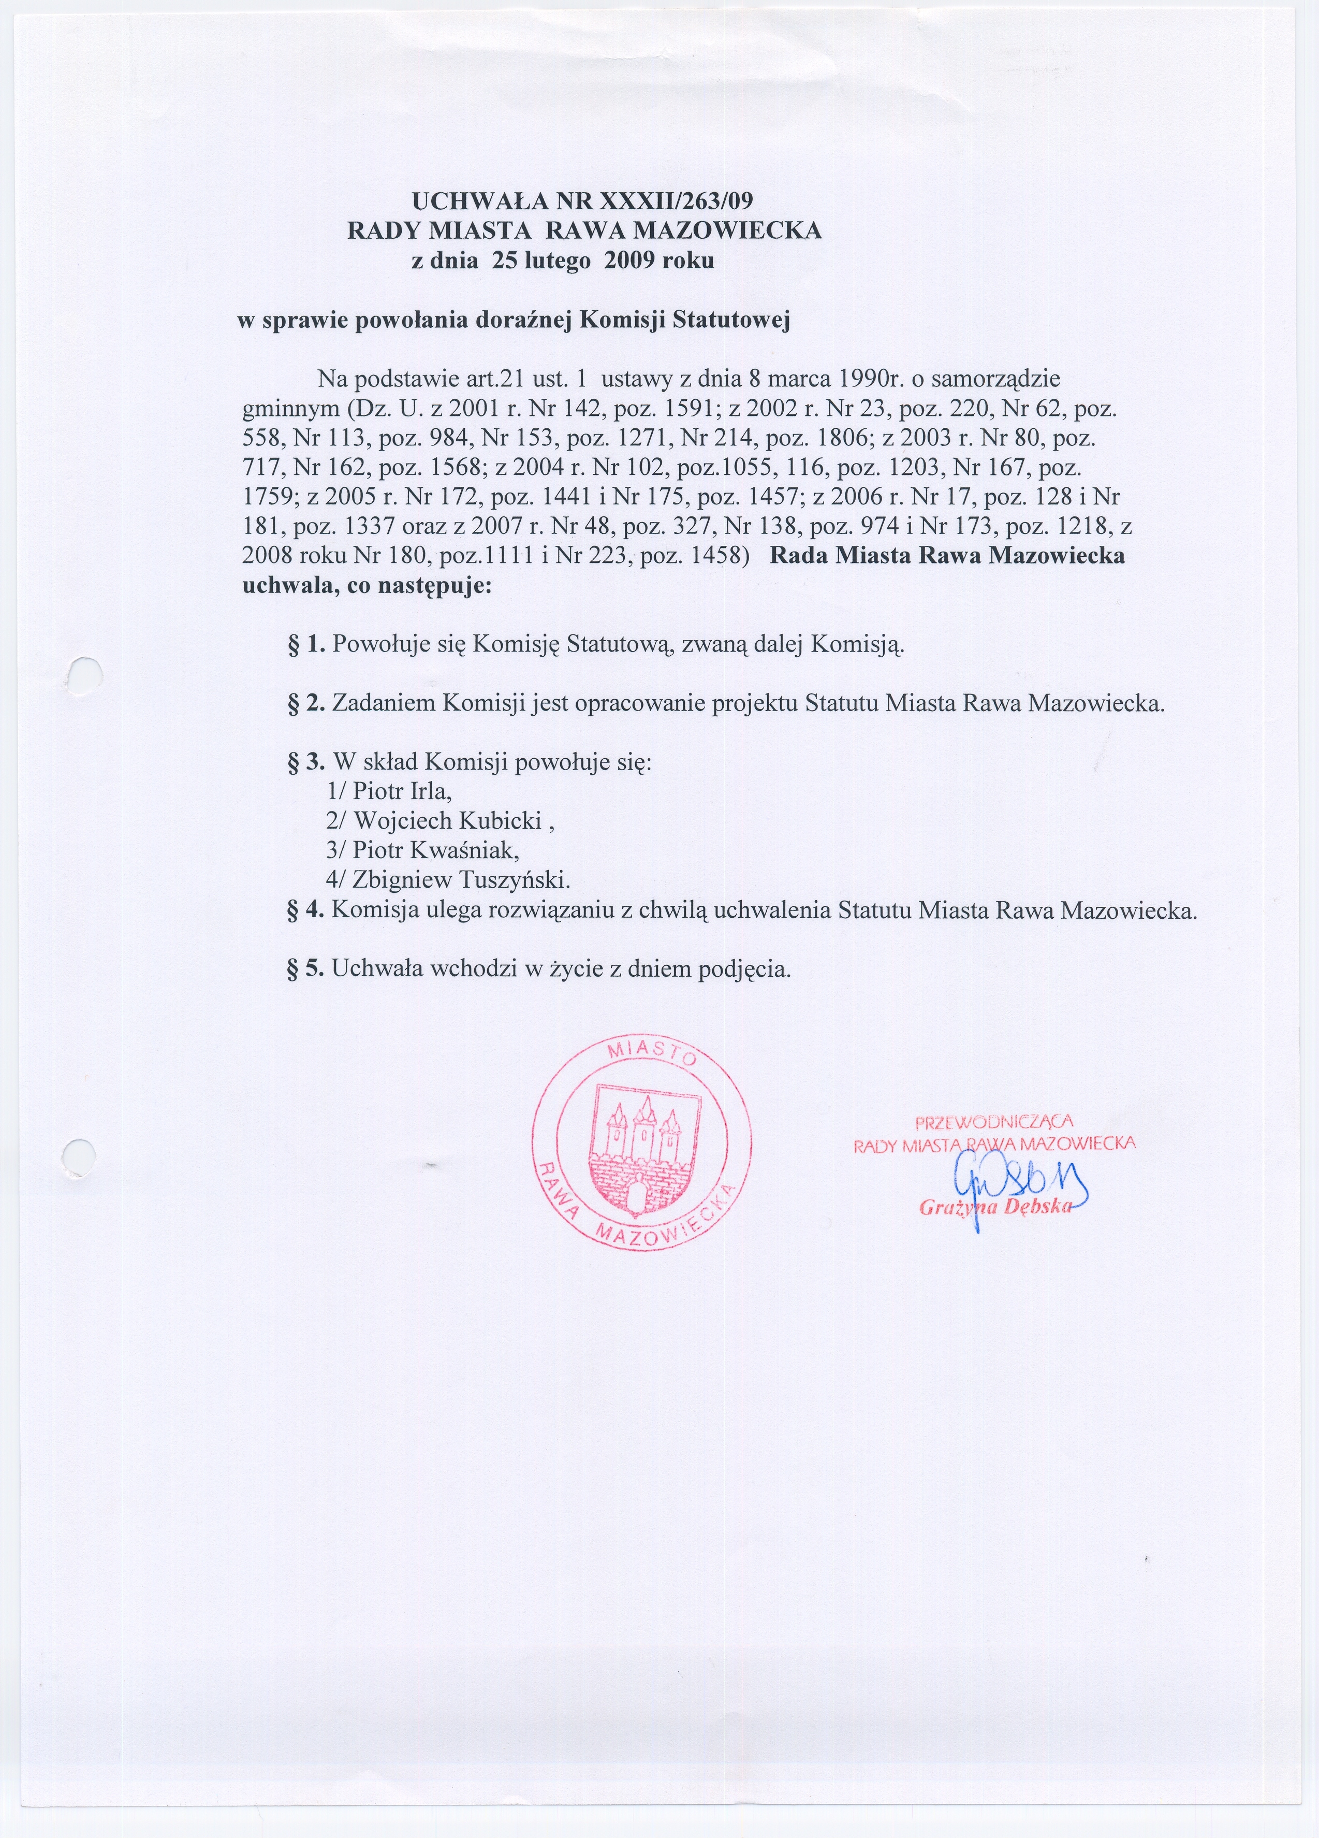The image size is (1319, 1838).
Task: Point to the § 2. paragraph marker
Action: [x=306, y=703]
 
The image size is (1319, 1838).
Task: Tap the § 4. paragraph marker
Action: [x=306, y=909]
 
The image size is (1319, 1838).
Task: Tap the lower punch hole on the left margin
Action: [x=79, y=1155]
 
